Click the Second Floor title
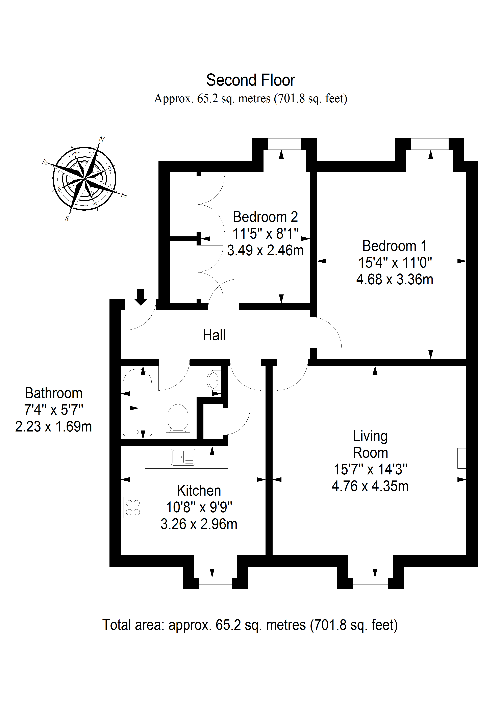click(x=250, y=80)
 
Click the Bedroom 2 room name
click(x=265, y=217)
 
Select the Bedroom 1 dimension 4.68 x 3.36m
click(x=395, y=280)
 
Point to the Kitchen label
click(x=199, y=491)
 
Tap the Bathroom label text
click(x=54, y=393)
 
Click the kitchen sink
click(x=183, y=457)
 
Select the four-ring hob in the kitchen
click(x=133, y=507)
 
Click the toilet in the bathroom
click(x=178, y=421)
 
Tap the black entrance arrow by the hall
click(x=141, y=297)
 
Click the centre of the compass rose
click(x=84, y=178)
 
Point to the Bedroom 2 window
click(x=284, y=144)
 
